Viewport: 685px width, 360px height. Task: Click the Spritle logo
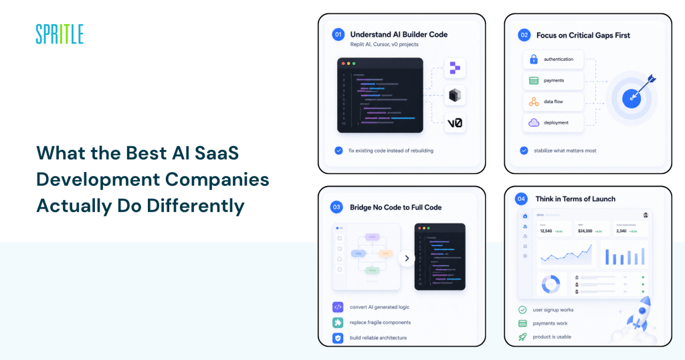tap(60, 33)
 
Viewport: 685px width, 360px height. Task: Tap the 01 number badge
tap(338, 34)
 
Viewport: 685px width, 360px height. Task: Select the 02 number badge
tap(524, 35)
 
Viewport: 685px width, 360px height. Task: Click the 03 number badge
tap(338, 207)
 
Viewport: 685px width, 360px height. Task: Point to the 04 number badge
tap(520, 199)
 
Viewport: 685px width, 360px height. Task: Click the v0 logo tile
tap(455, 122)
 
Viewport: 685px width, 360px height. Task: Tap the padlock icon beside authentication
tap(534, 60)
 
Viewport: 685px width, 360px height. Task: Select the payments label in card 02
tap(554, 80)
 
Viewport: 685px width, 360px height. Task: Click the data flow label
tap(553, 102)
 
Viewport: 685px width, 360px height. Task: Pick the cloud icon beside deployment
tap(534, 122)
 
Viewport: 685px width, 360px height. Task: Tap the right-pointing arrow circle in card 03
tap(407, 258)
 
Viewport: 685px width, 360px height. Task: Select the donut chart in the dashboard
tap(551, 284)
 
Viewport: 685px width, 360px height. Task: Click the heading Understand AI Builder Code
tap(398, 34)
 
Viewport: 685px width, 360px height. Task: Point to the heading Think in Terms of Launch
tap(575, 199)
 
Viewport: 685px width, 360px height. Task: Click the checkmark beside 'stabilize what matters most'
tap(524, 151)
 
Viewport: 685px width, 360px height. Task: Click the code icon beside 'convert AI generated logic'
tap(338, 307)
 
